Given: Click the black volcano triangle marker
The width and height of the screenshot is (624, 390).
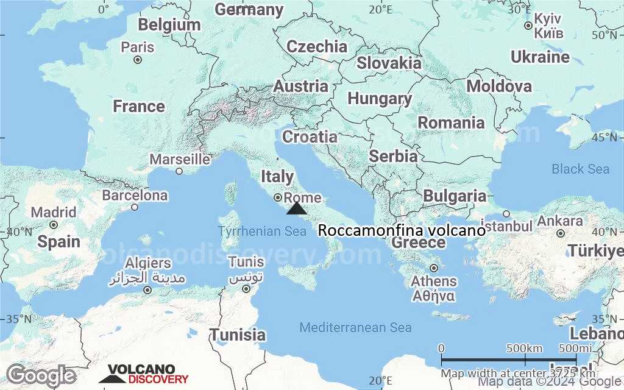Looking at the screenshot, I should tap(297, 209).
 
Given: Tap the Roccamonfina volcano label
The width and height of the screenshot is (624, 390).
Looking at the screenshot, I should tap(402, 231).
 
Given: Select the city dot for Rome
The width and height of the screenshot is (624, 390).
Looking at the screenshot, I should tap(278, 197).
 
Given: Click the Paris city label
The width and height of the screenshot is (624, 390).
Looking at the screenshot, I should tap(138, 47).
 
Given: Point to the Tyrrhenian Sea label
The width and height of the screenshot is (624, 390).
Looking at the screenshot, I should tap(262, 232).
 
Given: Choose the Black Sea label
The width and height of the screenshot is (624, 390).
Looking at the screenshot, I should tap(580, 169).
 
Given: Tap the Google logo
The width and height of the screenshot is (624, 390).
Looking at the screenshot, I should tap(41, 375).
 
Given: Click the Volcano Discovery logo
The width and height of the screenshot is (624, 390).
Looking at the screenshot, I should tap(144, 374).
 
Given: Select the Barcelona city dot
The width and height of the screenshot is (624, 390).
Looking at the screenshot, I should tap(135, 207).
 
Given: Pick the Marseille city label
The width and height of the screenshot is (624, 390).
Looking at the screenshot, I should tap(180, 160).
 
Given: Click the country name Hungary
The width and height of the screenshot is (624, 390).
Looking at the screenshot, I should tap(380, 99).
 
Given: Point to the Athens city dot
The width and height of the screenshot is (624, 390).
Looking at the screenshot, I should tap(434, 268).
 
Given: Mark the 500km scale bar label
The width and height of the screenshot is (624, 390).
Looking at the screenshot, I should tap(525, 348).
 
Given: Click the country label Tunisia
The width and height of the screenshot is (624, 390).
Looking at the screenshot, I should tap(238, 335).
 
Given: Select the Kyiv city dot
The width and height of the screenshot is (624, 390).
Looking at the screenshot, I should tap(528, 26).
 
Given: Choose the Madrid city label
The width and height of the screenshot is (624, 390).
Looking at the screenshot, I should tap(54, 213).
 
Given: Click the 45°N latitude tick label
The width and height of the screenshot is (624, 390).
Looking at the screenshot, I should tap(604, 138).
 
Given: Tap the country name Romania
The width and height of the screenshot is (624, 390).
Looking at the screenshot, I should tap(451, 122).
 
